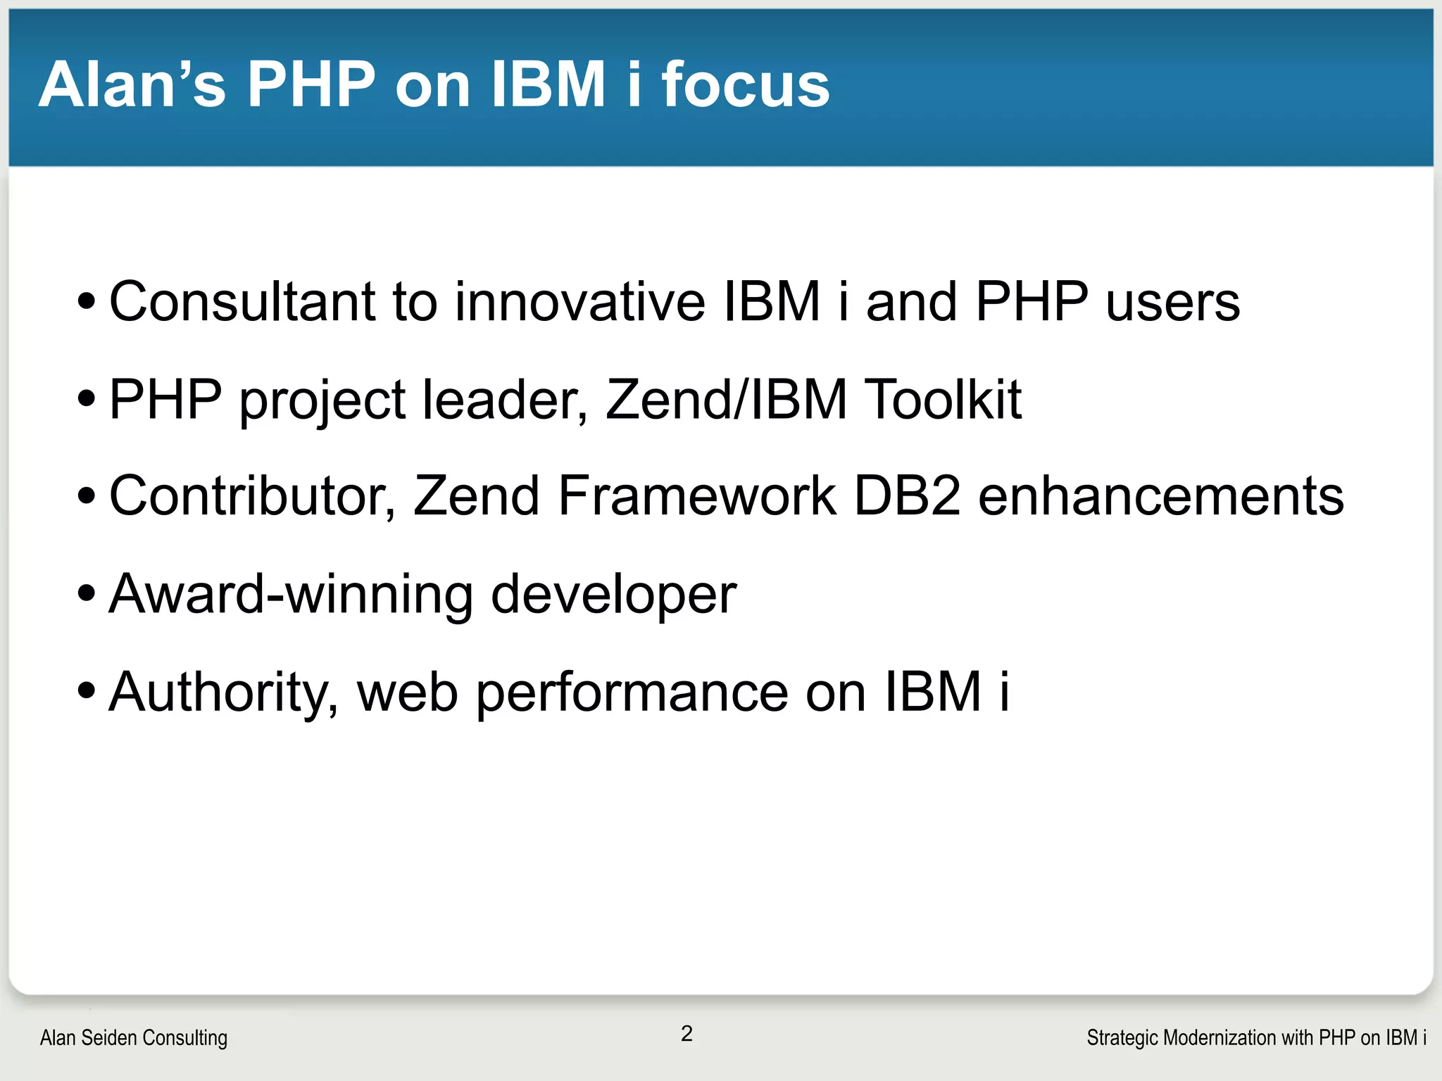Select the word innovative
(x=579, y=302)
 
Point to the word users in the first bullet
(x=1172, y=303)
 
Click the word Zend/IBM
(x=726, y=400)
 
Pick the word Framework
(x=696, y=496)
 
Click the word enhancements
(x=1161, y=496)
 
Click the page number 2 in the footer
(x=686, y=1033)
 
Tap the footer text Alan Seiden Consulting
(x=134, y=1037)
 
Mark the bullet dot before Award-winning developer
(x=87, y=595)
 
